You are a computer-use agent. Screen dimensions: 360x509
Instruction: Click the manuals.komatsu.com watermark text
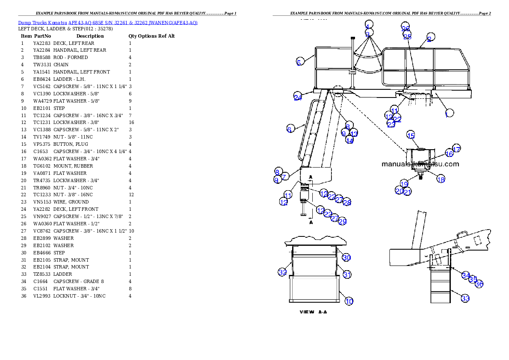tap(420, 164)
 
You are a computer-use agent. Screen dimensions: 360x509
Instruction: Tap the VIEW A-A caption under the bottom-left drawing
tap(313, 312)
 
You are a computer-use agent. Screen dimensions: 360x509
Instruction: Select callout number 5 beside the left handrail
tap(300, 62)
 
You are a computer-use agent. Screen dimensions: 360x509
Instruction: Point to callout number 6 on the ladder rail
tap(290, 129)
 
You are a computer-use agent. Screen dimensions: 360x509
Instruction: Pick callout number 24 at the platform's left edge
tap(298, 97)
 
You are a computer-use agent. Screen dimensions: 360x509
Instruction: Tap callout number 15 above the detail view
tap(411, 136)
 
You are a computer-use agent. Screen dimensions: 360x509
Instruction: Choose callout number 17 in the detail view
tap(456, 149)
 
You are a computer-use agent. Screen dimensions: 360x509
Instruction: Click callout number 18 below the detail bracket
tap(441, 179)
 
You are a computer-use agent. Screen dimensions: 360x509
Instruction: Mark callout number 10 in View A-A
tap(349, 301)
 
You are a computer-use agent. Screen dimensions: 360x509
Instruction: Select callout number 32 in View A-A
tap(282, 272)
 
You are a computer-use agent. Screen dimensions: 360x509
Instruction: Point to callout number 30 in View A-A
tap(346, 257)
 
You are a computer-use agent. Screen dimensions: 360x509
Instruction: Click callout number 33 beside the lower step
tap(465, 298)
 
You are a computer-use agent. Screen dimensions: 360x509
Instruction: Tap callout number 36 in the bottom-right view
tap(479, 283)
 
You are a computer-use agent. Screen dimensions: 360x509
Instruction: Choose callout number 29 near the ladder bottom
tap(342, 221)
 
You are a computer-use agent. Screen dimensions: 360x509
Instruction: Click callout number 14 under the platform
tap(349, 140)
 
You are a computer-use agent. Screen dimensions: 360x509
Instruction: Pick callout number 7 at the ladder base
tap(285, 176)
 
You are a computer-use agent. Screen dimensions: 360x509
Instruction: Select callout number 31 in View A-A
tap(347, 274)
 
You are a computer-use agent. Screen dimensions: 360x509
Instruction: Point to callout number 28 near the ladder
tap(346, 202)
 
